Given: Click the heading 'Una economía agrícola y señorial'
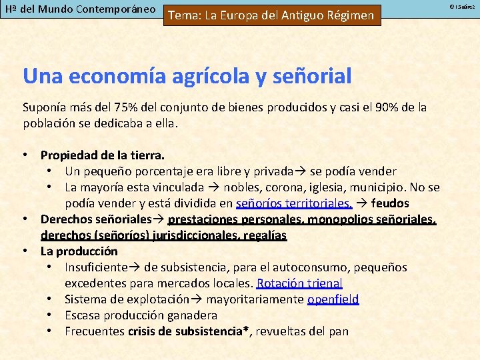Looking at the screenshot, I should point(187,76).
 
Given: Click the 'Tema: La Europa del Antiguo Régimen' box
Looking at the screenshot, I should point(271,15).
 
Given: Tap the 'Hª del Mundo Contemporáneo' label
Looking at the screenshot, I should point(80,10).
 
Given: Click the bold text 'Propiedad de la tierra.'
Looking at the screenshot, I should point(103,155).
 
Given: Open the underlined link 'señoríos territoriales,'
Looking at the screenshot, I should point(294,203).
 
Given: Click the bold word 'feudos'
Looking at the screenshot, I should point(390,203).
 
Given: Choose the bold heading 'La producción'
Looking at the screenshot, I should point(79,251).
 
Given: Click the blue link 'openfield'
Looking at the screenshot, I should point(333,299).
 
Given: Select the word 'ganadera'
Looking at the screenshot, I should point(193,315).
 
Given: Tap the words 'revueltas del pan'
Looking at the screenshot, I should point(302,331).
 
